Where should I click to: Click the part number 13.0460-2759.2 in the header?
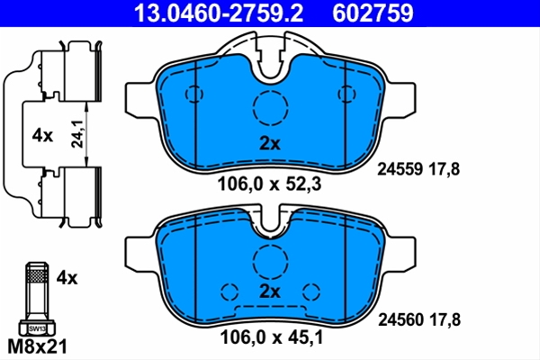[x=219, y=13]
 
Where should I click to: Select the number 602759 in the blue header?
[x=373, y=13]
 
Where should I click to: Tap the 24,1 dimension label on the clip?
[x=77, y=134]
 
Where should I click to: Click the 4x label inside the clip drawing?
[x=42, y=136]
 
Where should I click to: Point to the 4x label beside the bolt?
[x=67, y=278]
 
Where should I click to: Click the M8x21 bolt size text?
[x=37, y=346]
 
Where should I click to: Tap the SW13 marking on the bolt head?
[x=37, y=328]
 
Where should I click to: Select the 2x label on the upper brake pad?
[x=270, y=144]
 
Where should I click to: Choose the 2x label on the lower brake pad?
[x=270, y=292]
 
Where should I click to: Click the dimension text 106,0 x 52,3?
[x=269, y=184]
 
